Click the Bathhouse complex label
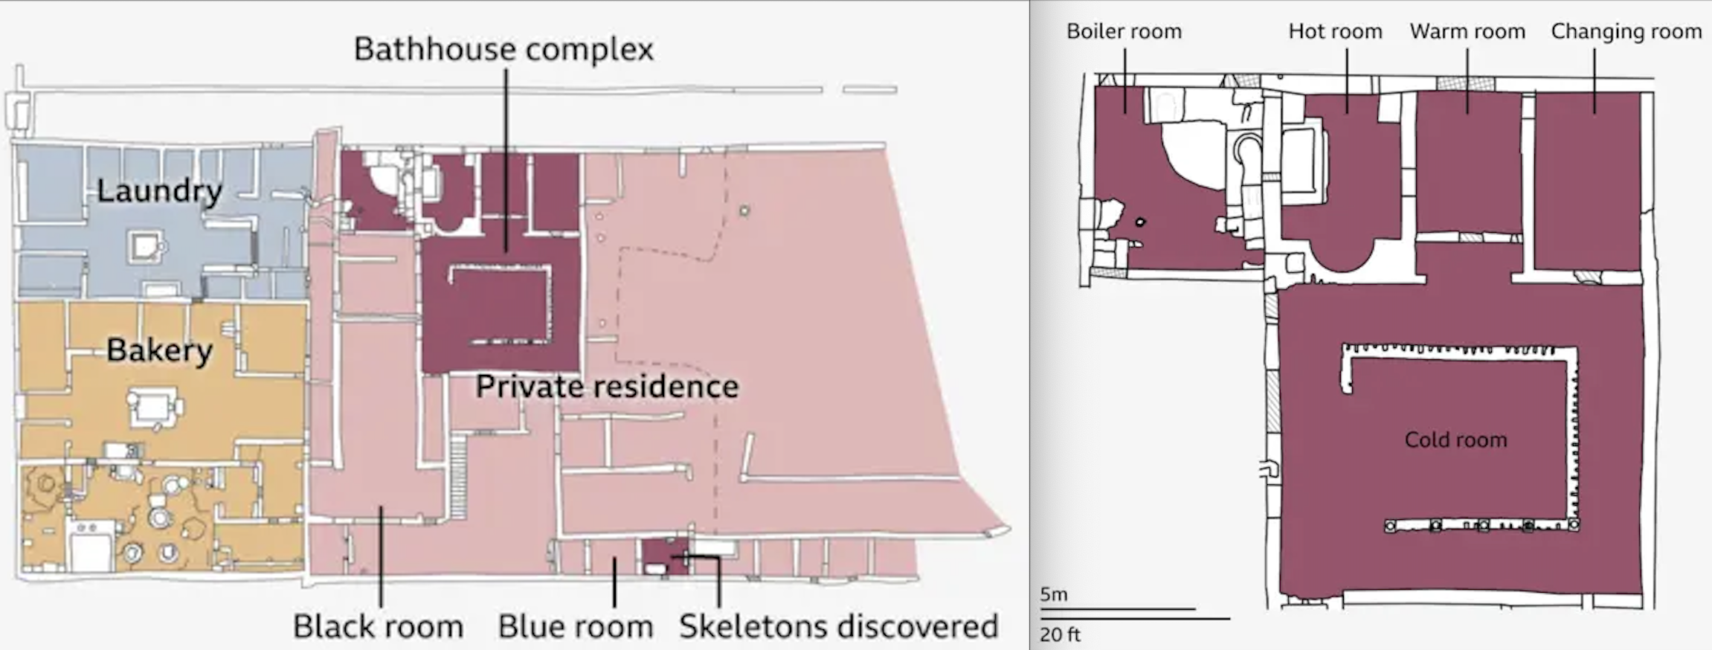click(503, 50)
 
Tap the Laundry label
click(160, 191)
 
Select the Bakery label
click(159, 350)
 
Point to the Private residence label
click(607, 387)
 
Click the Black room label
click(378, 626)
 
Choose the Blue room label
click(576, 626)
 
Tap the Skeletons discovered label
click(838, 626)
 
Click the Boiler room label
click(1124, 31)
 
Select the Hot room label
click(1335, 31)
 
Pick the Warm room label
click(1467, 31)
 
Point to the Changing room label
click(1626, 32)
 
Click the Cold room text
click(1455, 440)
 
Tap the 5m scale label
click(1054, 594)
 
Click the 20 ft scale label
click(1060, 634)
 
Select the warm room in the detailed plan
click(1469, 163)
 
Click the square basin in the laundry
click(144, 246)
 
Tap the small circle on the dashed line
click(744, 211)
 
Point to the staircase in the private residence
click(458, 476)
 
